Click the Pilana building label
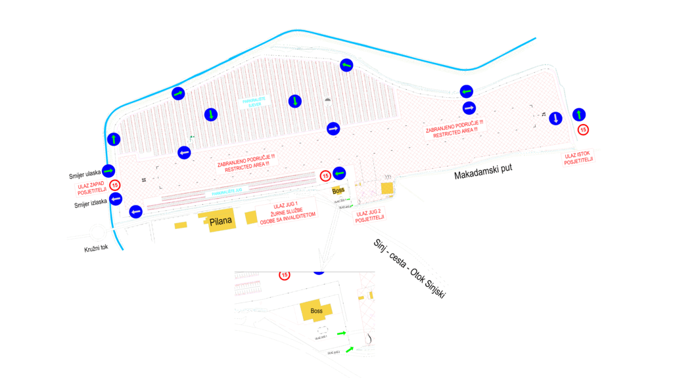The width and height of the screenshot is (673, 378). [x=221, y=221]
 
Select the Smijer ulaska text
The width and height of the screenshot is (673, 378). [x=84, y=175]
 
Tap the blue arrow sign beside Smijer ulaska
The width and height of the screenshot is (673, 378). [x=109, y=171]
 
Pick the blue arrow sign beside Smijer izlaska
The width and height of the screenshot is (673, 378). [x=116, y=198]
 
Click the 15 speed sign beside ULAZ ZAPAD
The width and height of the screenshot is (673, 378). [x=116, y=185]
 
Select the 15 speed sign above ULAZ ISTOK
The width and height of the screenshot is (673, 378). [x=583, y=130]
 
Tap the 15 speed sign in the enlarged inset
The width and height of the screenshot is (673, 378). [x=285, y=275]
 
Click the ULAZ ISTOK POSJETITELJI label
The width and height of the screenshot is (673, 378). [x=579, y=158]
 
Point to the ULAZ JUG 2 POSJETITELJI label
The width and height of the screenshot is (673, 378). [x=370, y=215]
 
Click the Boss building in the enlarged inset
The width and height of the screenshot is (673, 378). [x=316, y=312]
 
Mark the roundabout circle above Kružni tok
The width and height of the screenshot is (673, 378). [x=98, y=232]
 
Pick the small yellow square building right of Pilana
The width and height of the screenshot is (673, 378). [x=251, y=217]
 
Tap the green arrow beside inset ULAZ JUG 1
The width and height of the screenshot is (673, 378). [x=341, y=333]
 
